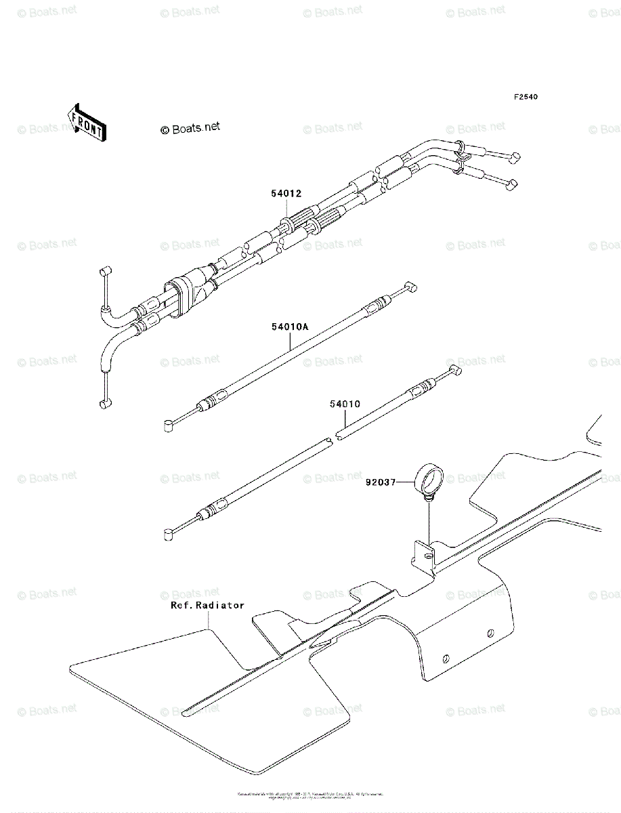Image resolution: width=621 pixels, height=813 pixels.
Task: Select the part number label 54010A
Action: tap(291, 327)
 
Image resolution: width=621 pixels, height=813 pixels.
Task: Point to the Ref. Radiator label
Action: tap(207, 605)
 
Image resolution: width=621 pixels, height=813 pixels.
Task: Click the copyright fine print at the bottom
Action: tap(310, 795)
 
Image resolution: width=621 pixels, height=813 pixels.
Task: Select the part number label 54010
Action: tap(345, 404)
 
